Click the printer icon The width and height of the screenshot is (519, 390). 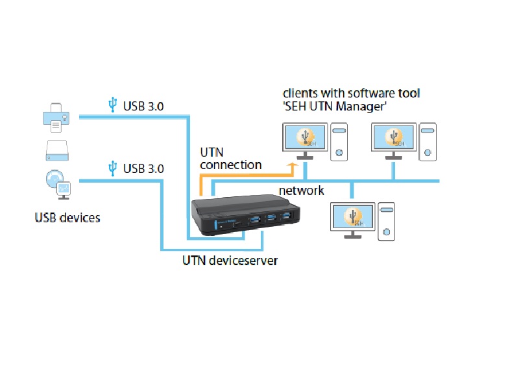point(56,118)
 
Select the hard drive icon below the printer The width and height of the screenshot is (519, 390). point(57,151)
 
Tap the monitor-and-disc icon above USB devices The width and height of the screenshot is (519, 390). point(58,185)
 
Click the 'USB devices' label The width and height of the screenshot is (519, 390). point(67,218)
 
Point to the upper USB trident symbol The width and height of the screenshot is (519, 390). point(112,105)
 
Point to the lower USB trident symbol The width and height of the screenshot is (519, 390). point(112,168)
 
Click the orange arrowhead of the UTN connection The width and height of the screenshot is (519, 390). point(293,165)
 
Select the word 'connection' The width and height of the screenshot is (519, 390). point(231,165)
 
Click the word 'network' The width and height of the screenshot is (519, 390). point(301,190)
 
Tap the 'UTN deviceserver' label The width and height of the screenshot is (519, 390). point(230,261)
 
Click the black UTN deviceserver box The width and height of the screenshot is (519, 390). point(245,214)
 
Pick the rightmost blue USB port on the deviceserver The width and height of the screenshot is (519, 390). point(286,216)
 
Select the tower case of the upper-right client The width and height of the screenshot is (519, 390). point(428,142)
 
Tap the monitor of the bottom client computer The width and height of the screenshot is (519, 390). point(353,220)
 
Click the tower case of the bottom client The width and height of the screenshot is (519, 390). point(386,222)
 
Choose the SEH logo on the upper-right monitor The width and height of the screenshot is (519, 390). point(394,137)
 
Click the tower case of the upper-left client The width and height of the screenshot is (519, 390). point(339,142)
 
